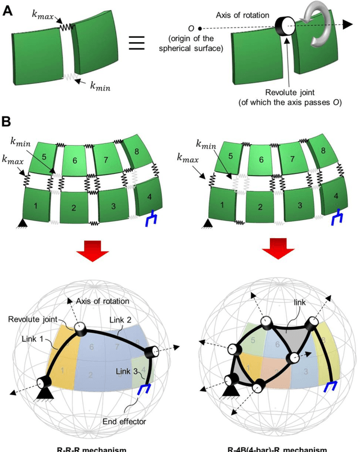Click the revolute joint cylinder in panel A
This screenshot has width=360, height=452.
point(285,24)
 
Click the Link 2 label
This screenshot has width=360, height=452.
point(120,319)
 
